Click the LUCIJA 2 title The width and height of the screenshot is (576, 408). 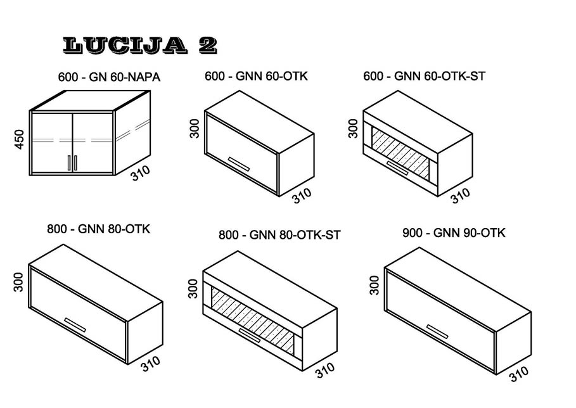140,46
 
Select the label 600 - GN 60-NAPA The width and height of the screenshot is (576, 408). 109,77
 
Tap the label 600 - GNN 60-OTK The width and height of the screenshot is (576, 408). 256,76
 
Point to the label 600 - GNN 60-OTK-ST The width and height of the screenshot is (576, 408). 425,76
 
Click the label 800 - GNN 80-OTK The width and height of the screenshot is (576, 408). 98,229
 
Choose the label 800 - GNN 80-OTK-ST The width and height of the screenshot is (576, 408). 279,234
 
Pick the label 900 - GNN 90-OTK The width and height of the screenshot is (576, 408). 454,233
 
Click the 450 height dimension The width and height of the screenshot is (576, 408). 19,139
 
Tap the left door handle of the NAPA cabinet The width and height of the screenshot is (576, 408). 68,163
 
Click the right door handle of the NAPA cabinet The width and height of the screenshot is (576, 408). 75,163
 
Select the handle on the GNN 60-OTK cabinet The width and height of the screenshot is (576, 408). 239,164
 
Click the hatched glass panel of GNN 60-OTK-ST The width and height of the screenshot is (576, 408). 400,153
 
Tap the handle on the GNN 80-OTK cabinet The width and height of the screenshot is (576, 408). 75,325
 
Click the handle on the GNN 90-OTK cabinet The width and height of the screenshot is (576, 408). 437,331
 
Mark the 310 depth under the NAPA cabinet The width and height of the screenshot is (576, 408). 140,172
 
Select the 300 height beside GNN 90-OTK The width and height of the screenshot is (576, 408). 374,285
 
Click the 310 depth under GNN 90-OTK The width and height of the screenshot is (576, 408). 519,374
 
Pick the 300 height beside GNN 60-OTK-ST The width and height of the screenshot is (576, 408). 353,128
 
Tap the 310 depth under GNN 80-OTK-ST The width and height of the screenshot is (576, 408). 324,370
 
